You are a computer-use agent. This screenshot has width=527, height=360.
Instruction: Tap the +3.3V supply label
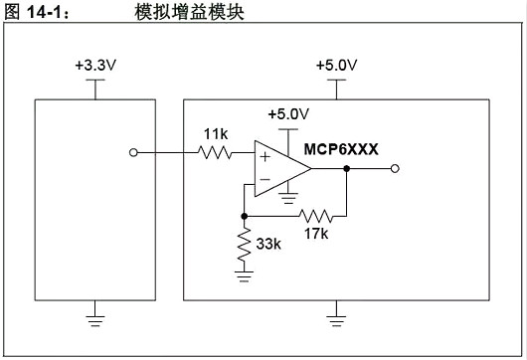[94, 65]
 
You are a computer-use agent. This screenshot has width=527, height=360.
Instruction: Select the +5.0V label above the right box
[336, 65]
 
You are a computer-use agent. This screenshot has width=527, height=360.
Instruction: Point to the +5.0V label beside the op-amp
[288, 112]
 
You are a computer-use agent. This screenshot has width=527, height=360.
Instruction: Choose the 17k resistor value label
[317, 234]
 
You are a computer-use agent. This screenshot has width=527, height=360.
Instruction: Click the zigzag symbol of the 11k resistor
[215, 153]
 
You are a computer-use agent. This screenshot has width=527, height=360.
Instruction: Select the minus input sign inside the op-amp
[264, 181]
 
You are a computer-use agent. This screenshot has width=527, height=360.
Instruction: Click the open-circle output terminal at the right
[395, 169]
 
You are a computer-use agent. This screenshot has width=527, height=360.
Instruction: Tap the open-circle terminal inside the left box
[134, 153]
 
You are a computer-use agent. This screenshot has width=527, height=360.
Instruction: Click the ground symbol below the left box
[94, 320]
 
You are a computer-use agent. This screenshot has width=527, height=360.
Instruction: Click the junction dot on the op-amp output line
[346, 169]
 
